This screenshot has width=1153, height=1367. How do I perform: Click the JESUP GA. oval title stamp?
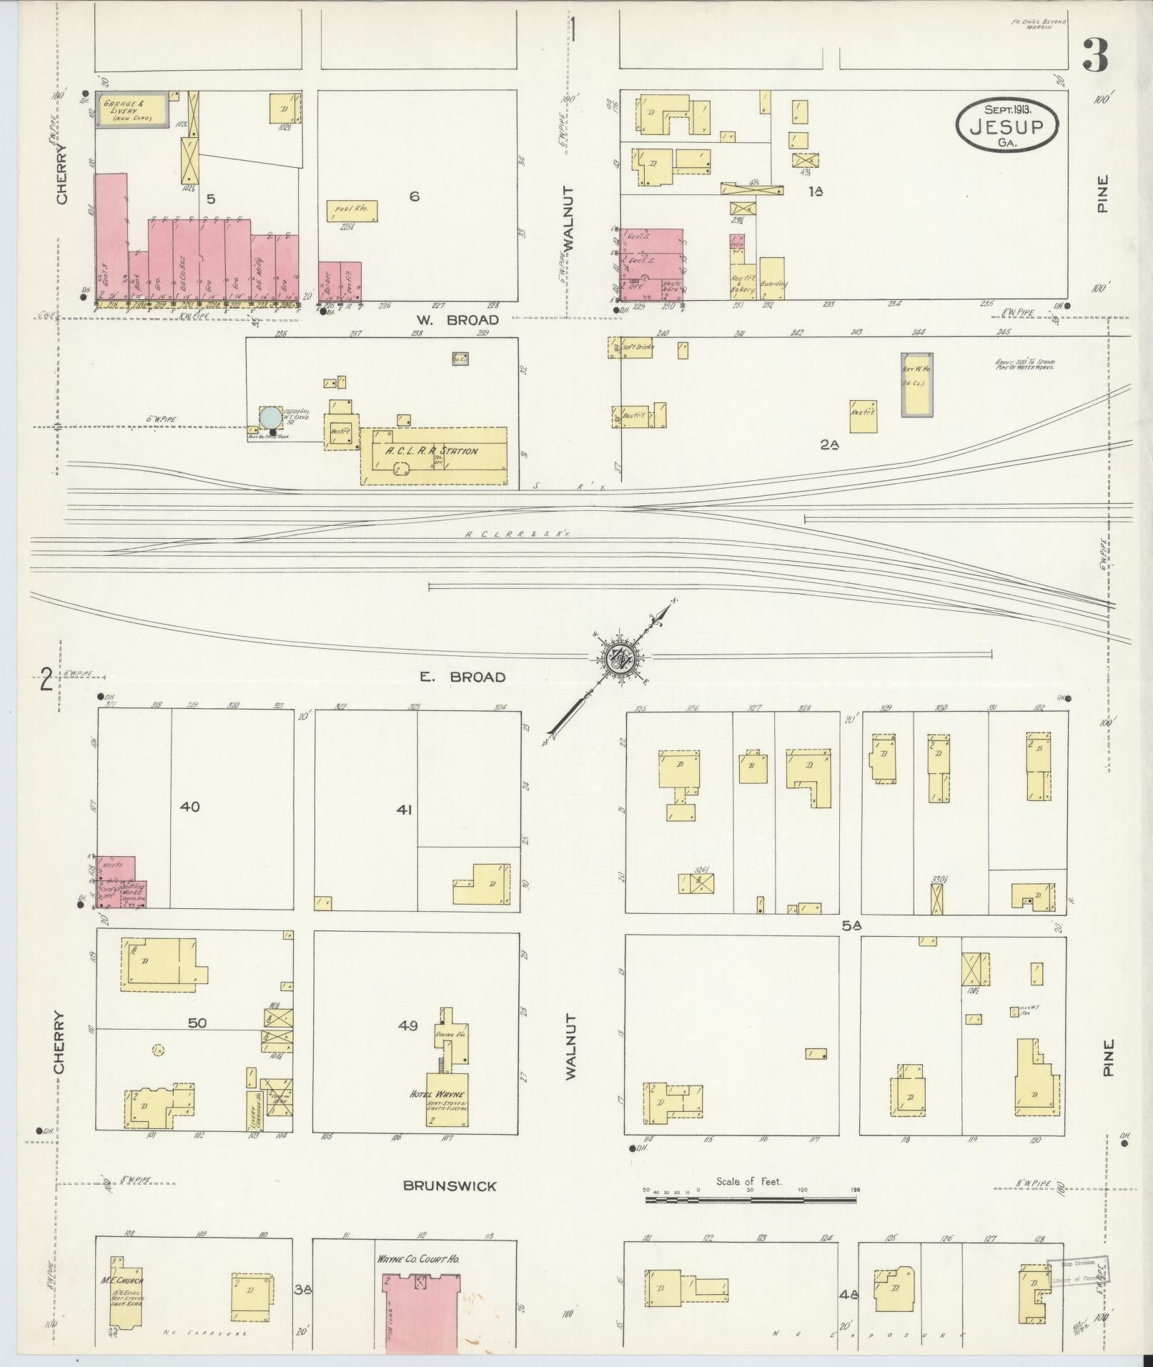pos(1006,124)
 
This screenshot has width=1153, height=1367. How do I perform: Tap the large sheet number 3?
pos(1094,55)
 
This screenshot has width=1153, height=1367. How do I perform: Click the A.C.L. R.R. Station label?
pos(431,451)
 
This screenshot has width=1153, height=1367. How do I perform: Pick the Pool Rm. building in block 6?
pos(352,211)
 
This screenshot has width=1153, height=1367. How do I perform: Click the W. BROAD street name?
pos(452,321)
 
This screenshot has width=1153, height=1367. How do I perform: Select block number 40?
pos(190,807)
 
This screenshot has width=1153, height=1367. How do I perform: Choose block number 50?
pos(197,1023)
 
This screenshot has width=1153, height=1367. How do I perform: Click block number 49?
pos(407,1026)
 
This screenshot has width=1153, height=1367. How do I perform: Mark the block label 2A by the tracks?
pos(828,444)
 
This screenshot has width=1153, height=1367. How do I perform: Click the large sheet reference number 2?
pos(46,679)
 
